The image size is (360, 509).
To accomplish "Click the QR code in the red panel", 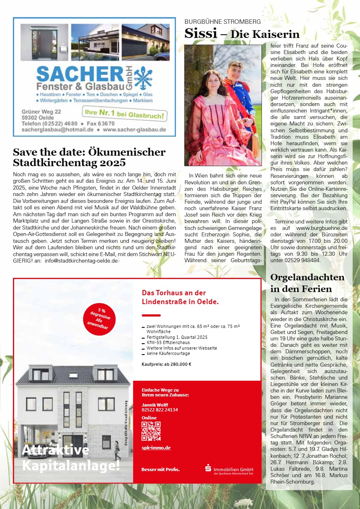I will coord(151,431).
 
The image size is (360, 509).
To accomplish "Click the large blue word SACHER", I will coord(79,75).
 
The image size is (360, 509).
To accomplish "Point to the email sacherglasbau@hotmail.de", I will coord(58,129).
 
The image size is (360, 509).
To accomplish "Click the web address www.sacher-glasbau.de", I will coord(134,129).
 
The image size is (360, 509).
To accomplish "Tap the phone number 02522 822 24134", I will coord(160,410).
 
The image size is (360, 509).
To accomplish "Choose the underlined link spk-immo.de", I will coord(156,448).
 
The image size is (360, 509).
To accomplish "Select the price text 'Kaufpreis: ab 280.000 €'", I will coord(166,364).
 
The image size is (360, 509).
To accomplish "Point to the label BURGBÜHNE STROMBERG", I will coord(222,22).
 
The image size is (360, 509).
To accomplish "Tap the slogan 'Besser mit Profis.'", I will coord(160,469).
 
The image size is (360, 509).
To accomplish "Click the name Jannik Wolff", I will coord(155,405).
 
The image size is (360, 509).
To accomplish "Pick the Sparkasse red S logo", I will coord(208,468).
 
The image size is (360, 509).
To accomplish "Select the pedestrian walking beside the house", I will coord(117,449).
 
